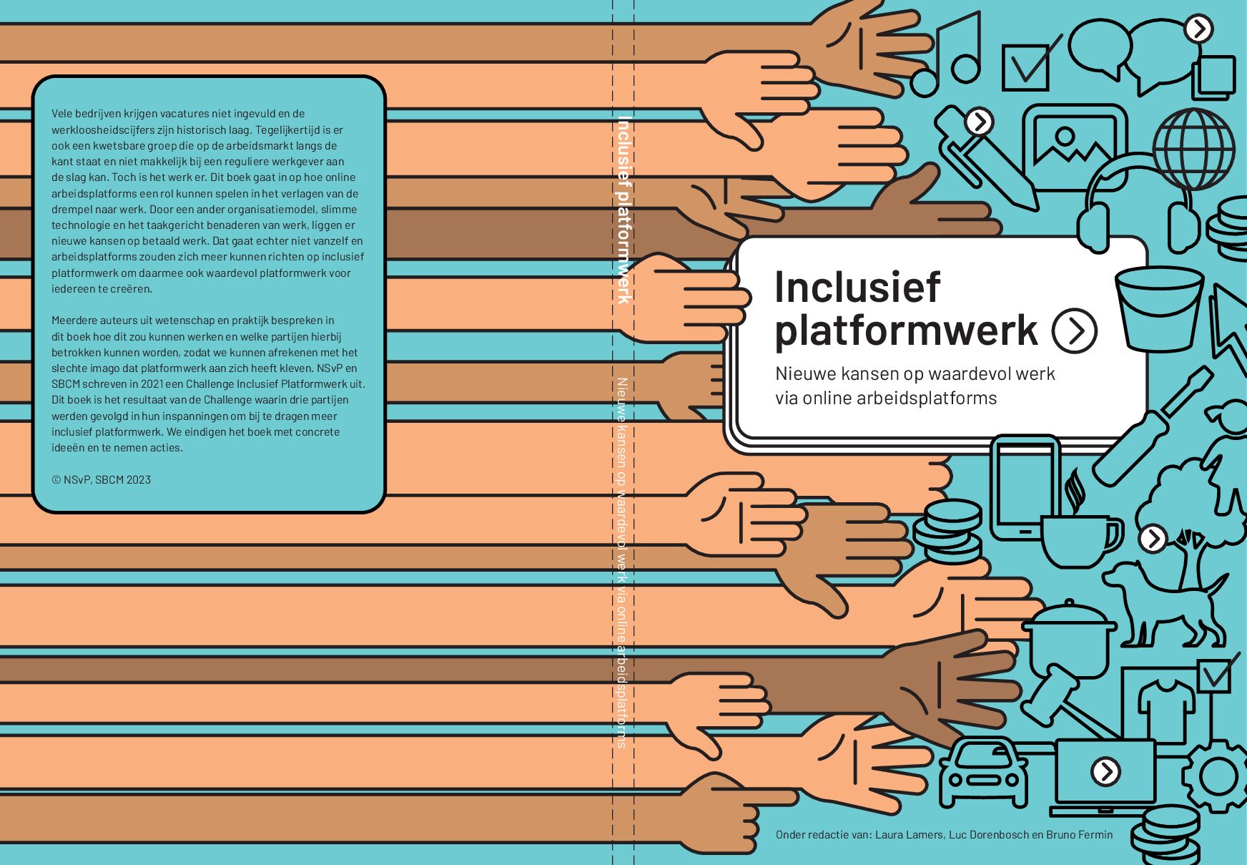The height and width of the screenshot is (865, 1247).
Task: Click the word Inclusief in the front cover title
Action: pos(857,287)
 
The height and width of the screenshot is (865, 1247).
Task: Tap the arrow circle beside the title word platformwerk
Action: pos(1074,331)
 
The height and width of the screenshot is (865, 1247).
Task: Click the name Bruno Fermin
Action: pos(1079,834)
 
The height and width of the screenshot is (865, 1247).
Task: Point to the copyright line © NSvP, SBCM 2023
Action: pos(101,480)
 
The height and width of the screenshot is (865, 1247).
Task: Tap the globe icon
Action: pos(1194,149)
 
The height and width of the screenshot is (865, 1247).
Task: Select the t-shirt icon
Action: pos(1167,709)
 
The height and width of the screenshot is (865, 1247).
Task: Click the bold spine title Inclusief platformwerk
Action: pos(623,210)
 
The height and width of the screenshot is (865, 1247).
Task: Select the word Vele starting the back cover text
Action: pos(61,114)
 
